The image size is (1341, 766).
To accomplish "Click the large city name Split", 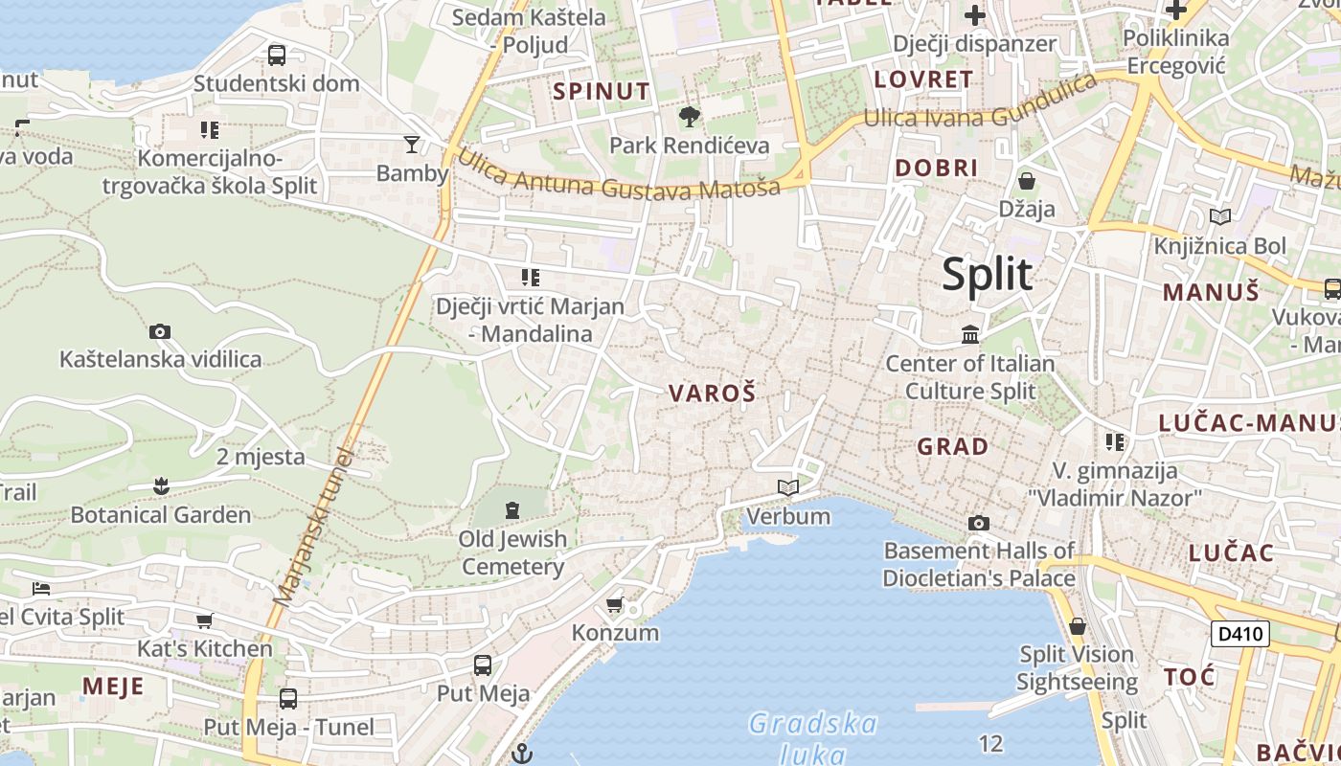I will tap(987, 275).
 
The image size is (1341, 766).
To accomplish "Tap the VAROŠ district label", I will tap(712, 393).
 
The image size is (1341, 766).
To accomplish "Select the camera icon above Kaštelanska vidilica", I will tap(160, 332).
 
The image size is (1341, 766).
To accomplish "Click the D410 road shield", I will tap(1239, 634).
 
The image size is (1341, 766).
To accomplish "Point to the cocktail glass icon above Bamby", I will tap(412, 145).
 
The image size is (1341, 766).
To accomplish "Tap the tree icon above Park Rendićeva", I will tap(689, 118).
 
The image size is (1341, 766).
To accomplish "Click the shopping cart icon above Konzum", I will tap(615, 604).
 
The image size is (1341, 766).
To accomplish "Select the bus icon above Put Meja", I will tap(483, 665).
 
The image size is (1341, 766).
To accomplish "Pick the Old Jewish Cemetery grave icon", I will tap(512, 509).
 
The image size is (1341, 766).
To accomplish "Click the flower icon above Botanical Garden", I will tap(161, 486).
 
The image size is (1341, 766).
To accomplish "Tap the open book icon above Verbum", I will tap(788, 488).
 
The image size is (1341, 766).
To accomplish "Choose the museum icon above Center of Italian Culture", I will tap(970, 335).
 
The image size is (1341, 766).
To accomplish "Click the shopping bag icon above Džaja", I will tap(1027, 181).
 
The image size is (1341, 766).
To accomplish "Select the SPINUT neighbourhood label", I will tap(602, 91).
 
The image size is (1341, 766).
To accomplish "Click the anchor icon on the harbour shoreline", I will tap(522, 754).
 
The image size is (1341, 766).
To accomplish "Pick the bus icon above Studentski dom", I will tap(277, 56).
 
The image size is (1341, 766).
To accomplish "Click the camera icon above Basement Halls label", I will tap(978, 523).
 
